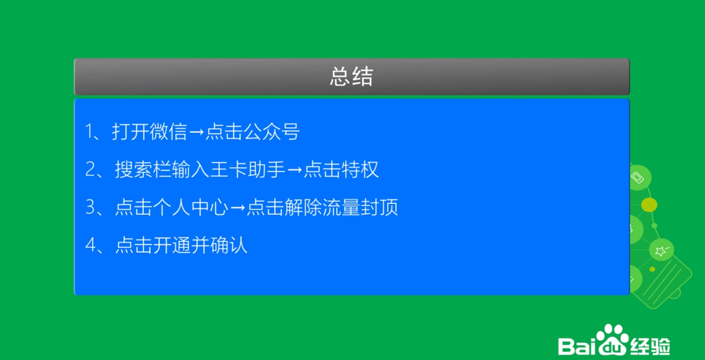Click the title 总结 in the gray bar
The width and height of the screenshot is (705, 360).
pyautogui.click(x=352, y=76)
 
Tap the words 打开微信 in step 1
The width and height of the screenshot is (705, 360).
pyautogui.click(x=149, y=131)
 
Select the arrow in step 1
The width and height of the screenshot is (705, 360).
pyautogui.click(x=197, y=132)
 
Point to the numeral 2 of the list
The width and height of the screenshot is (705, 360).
pyautogui.click(x=90, y=169)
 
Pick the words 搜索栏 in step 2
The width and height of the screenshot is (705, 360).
pyautogui.click(x=143, y=169)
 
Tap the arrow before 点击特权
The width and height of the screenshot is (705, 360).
pyautogui.click(x=294, y=170)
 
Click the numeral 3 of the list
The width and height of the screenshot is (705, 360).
pyautogui.click(x=90, y=207)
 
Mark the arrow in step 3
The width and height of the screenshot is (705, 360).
pyautogui.click(x=237, y=208)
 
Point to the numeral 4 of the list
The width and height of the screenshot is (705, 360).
pyautogui.click(x=90, y=245)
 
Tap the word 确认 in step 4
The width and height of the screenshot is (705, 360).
pyautogui.click(x=229, y=245)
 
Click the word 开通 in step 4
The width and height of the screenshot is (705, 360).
pyautogui.click(x=172, y=245)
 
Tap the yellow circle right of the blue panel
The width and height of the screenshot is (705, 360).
pyautogui.click(x=649, y=205)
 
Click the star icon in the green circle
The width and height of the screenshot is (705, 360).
pyautogui.click(x=661, y=250)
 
